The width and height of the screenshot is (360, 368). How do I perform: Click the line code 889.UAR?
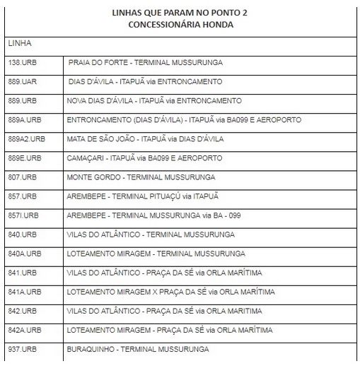click(x=22, y=82)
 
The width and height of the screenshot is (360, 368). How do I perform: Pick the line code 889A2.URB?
click(x=26, y=139)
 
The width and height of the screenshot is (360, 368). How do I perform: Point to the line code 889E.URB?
click(x=24, y=158)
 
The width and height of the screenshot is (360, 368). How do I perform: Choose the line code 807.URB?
click(x=22, y=177)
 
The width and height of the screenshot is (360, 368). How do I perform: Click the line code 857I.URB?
click(x=23, y=215)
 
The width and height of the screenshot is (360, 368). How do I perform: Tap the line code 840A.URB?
click(x=24, y=254)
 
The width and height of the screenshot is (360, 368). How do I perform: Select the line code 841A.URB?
click(x=24, y=292)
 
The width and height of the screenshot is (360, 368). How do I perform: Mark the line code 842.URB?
click(x=22, y=311)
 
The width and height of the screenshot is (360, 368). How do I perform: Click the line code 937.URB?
click(x=22, y=349)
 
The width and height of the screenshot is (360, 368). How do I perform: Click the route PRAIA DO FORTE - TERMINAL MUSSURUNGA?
click(x=146, y=63)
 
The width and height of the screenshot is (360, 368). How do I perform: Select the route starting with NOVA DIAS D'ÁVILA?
click(x=153, y=101)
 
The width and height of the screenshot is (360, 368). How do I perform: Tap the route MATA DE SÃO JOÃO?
click(x=145, y=139)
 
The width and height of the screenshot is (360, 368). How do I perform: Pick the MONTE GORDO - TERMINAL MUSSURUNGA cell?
click(x=141, y=177)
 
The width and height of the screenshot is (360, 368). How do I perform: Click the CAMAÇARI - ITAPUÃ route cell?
click(x=144, y=158)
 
